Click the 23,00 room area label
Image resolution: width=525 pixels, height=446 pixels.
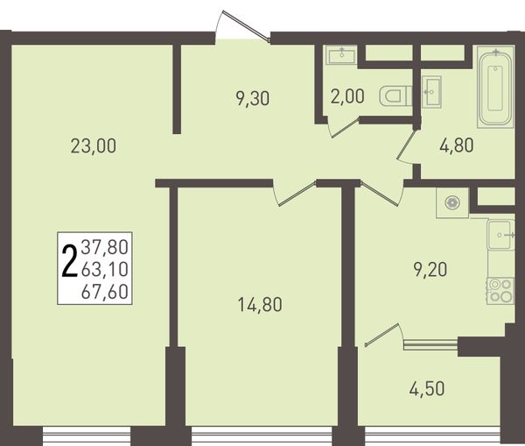[x=94, y=146]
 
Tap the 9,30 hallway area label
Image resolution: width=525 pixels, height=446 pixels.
[x=253, y=99]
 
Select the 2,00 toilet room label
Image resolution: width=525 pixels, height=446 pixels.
[x=347, y=96]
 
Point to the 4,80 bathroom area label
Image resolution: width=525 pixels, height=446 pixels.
[x=457, y=145]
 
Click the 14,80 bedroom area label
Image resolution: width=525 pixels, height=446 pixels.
[x=260, y=305]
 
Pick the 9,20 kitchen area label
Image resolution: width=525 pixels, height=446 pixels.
[x=430, y=270]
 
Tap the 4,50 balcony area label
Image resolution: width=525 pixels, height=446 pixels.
[x=427, y=388]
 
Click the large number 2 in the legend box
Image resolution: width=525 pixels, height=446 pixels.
[x=69, y=262]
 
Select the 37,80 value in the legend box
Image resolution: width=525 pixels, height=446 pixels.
[x=105, y=247]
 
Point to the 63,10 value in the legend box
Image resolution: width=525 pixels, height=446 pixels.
[x=105, y=269]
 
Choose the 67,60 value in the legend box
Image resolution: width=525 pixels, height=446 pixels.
[x=105, y=291]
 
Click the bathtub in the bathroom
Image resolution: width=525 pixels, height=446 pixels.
[x=495, y=88]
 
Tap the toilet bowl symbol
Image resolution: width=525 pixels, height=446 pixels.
[x=395, y=96]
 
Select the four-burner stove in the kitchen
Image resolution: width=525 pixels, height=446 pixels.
[x=500, y=291]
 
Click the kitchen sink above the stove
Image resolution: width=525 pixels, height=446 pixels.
[x=500, y=235]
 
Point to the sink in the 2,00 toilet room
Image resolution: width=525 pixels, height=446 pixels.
[x=341, y=54]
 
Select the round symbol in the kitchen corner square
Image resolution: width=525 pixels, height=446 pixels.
[x=452, y=202]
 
